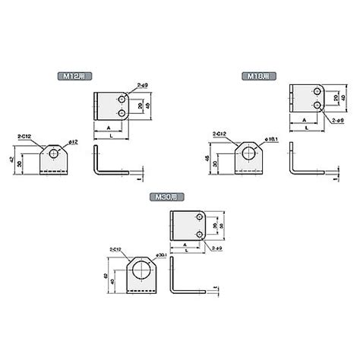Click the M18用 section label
click(257, 77)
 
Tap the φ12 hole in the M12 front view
click(54, 153)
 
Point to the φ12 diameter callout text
click(74, 141)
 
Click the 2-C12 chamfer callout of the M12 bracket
click(24, 137)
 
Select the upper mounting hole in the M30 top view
click(197, 219)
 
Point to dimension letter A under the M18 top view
click(304, 120)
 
